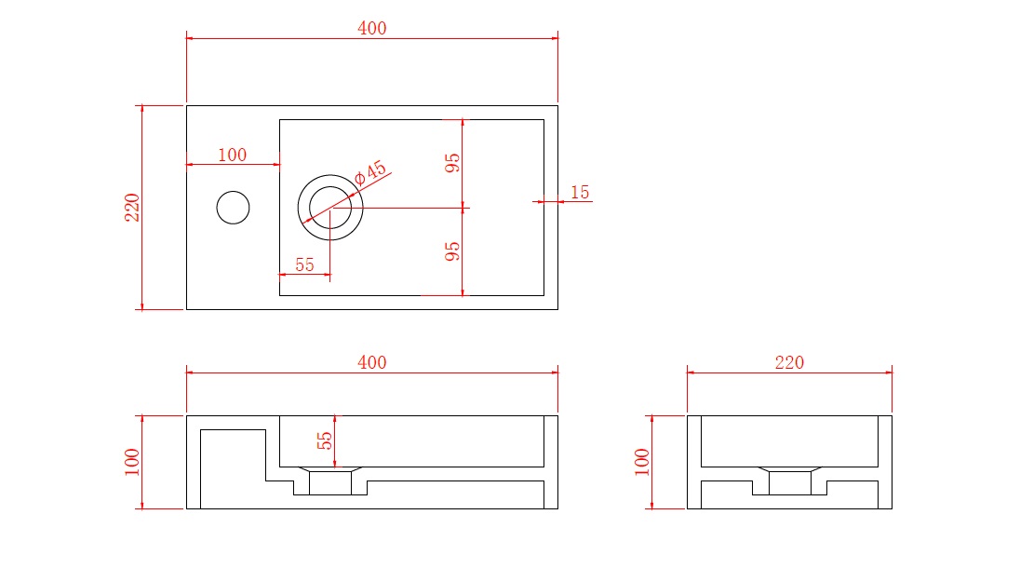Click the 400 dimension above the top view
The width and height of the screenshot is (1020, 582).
[x=371, y=28]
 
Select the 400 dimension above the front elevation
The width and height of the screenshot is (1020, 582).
[x=371, y=362]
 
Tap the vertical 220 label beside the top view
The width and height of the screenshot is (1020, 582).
[x=132, y=208]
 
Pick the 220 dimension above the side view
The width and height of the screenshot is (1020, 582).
[x=789, y=362]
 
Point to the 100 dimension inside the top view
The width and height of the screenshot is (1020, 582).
[x=233, y=155]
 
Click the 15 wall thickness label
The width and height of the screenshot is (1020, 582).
[x=580, y=192]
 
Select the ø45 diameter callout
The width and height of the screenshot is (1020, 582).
[x=370, y=173]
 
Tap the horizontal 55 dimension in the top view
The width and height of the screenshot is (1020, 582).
[x=304, y=265]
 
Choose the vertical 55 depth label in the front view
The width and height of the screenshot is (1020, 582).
[x=325, y=440]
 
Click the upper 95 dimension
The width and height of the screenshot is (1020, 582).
[x=452, y=163]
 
